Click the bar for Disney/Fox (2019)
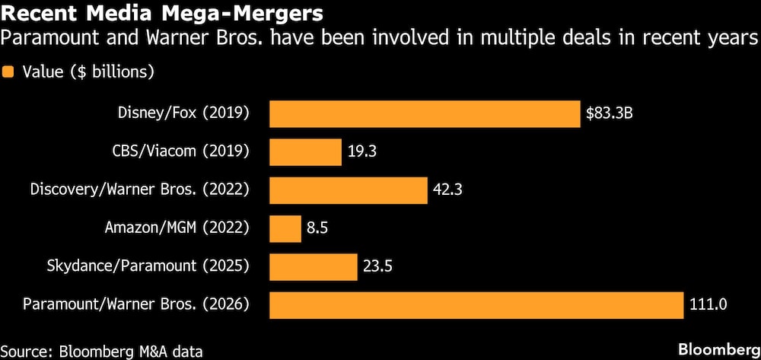tap(425, 114)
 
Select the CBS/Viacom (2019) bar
tap(306, 152)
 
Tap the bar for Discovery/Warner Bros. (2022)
tap(349, 190)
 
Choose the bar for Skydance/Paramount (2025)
tap(314, 266)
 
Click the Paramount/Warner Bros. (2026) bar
tap(477, 304)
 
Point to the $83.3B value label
tap(610, 114)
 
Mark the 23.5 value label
tap(377, 266)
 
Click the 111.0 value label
tap(708, 304)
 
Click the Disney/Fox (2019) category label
tap(183, 114)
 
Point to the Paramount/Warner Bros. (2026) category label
tap(135, 304)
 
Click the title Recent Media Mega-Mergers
tap(162, 14)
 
